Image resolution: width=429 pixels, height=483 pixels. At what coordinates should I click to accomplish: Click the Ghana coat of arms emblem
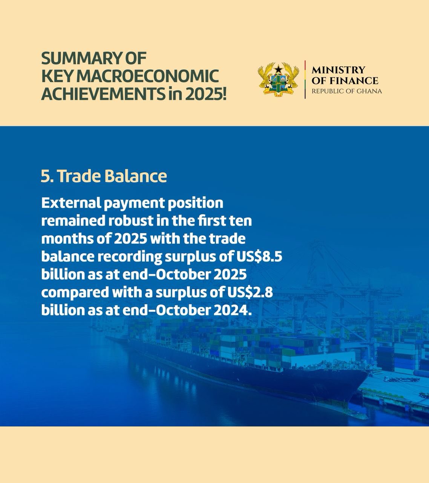[x=278, y=79]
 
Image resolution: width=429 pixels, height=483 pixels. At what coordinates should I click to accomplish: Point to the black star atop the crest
[x=278, y=69]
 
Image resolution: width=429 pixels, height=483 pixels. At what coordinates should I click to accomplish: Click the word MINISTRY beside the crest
[x=338, y=70]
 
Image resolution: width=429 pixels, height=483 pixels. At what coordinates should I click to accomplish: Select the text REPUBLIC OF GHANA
[x=347, y=91]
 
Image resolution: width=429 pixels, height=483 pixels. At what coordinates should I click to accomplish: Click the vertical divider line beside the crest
[x=305, y=79]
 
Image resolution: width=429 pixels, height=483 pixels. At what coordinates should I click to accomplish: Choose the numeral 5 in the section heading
[x=44, y=176]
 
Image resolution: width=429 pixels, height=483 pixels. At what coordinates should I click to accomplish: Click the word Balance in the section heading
[x=135, y=176]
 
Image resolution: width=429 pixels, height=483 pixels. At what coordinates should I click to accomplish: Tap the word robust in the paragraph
[x=131, y=221]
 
